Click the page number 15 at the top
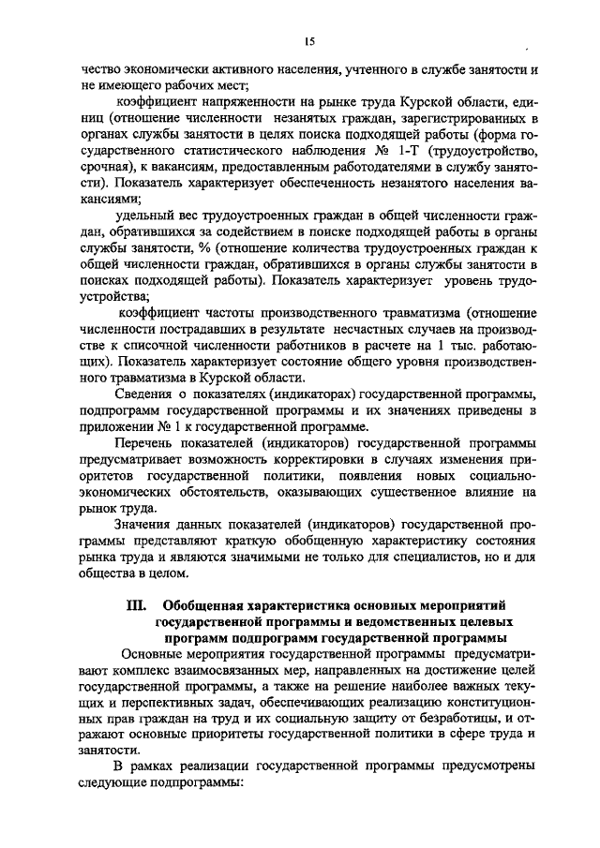(309, 42)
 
